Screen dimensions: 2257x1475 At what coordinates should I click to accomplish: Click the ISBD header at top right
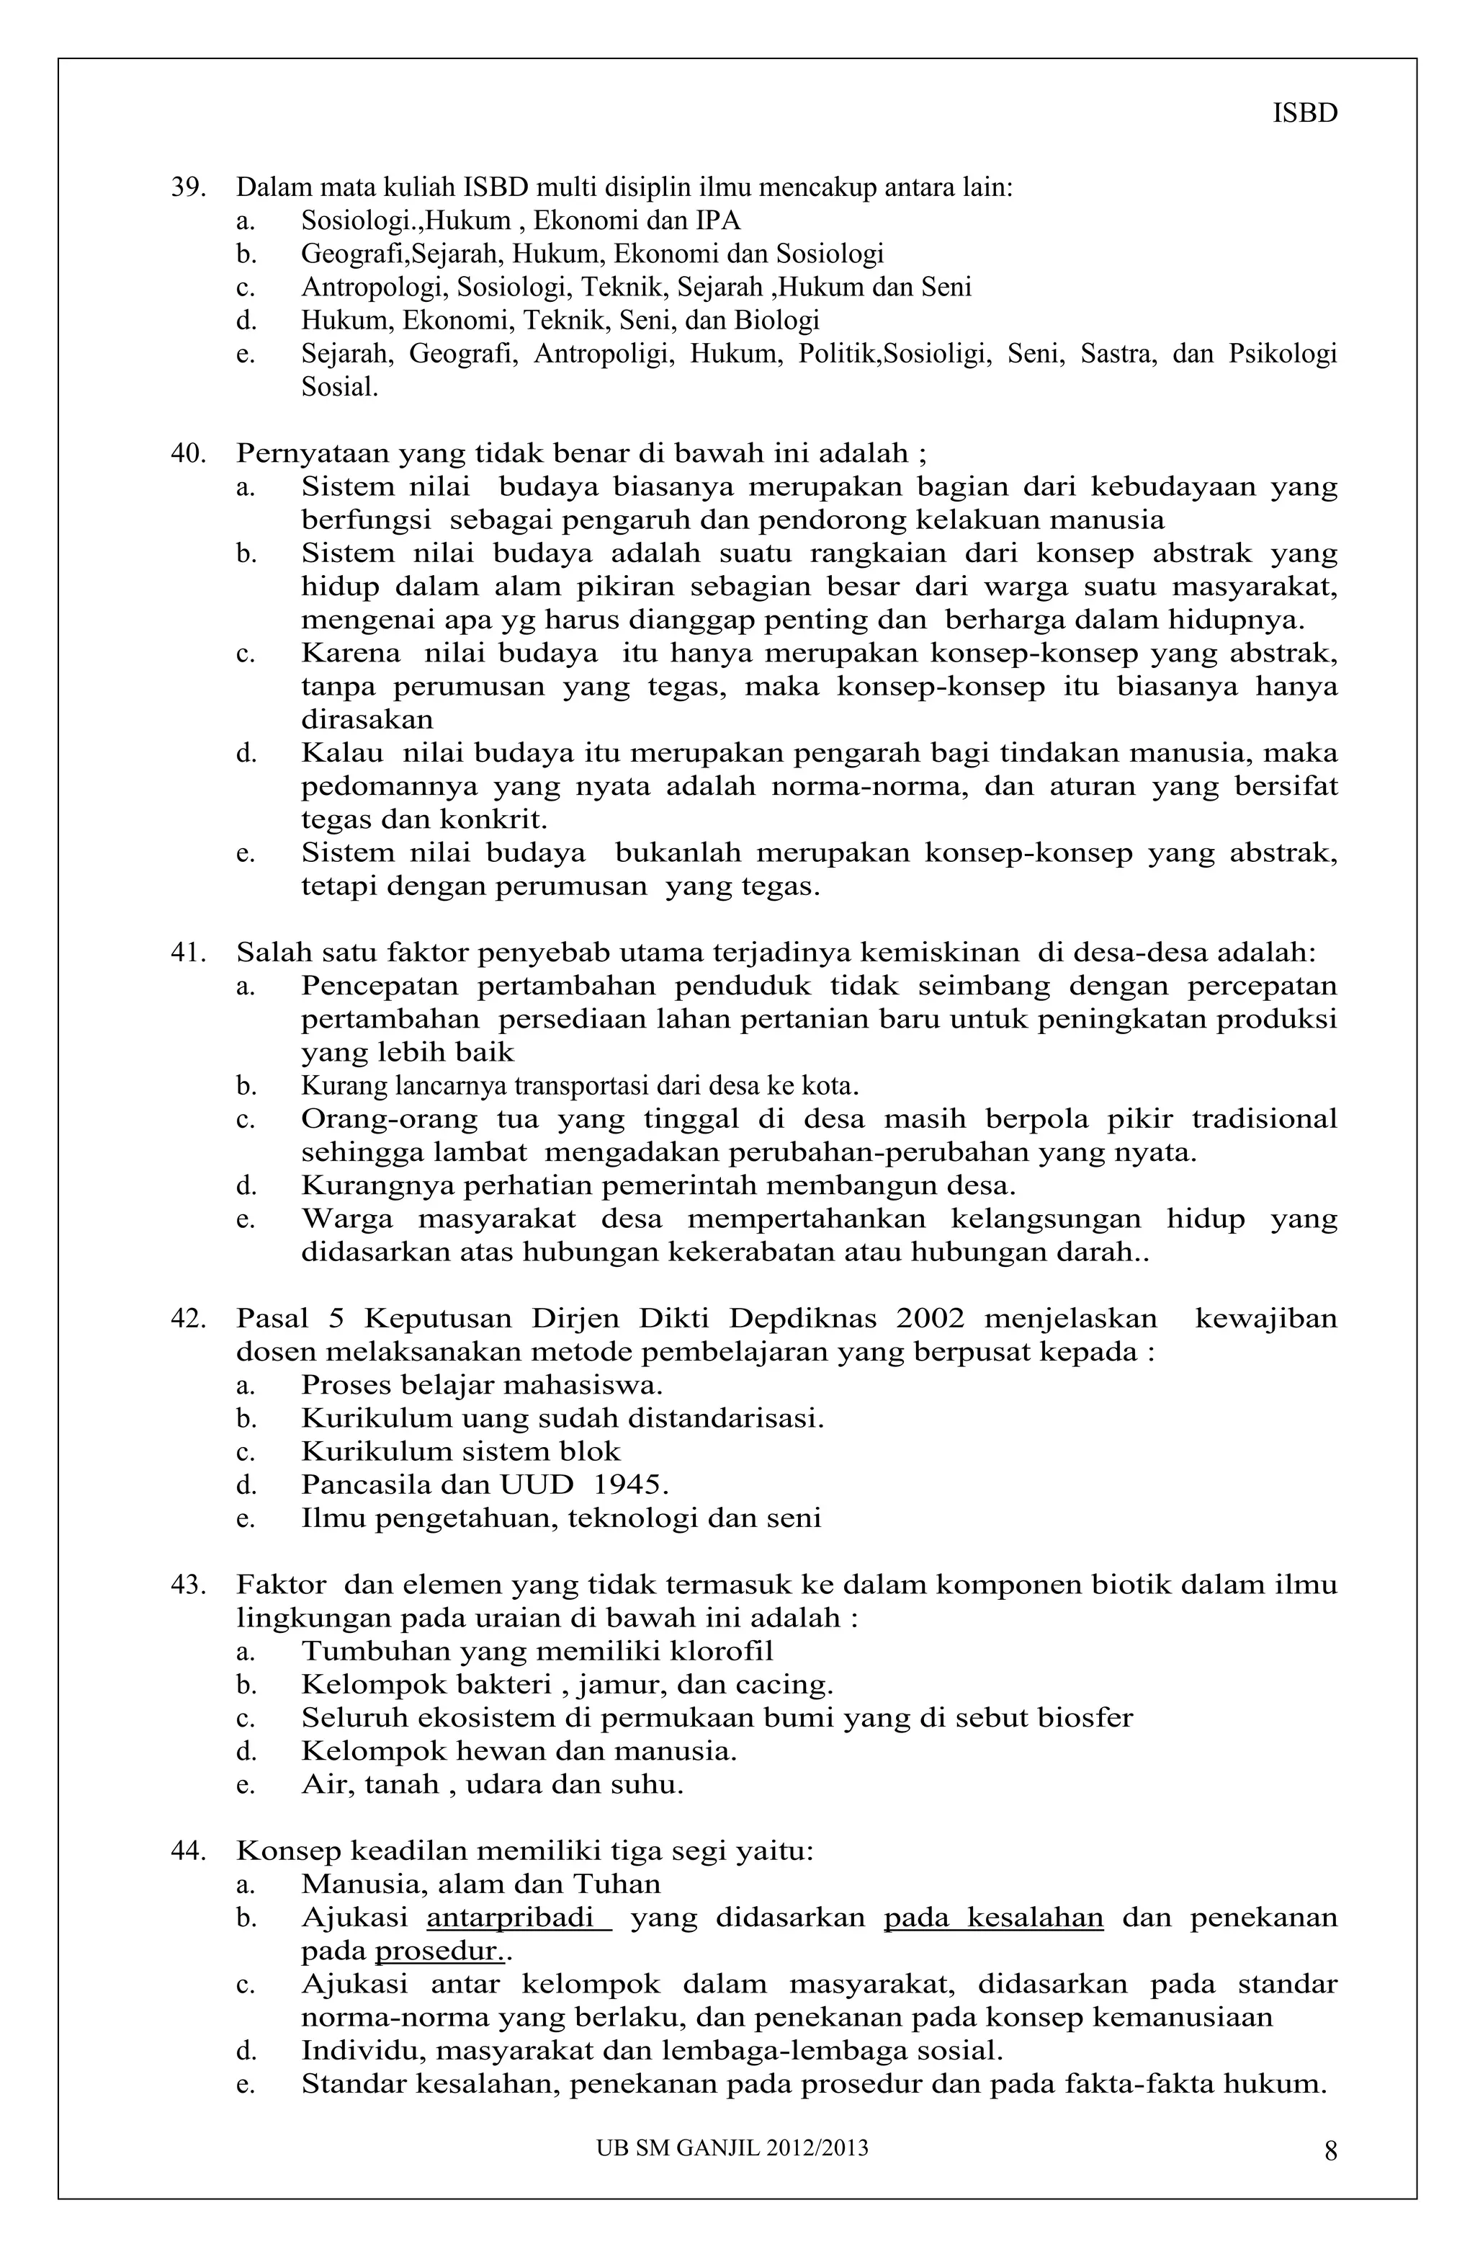(x=1304, y=114)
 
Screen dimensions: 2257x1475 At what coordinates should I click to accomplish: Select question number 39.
(x=188, y=188)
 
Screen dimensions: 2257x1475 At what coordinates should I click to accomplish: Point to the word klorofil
(x=722, y=1651)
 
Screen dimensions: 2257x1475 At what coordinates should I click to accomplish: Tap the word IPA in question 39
(x=719, y=221)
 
